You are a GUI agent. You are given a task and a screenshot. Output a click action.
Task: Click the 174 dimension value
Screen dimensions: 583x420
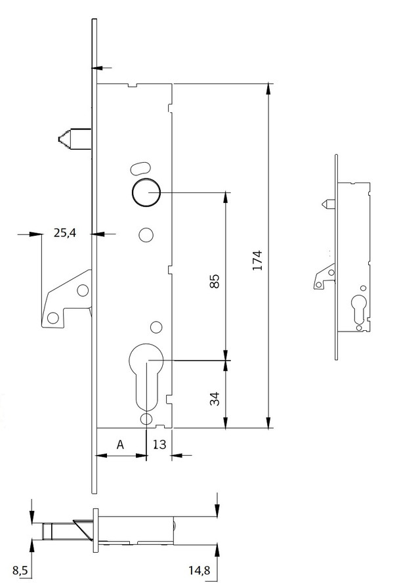[x=257, y=260]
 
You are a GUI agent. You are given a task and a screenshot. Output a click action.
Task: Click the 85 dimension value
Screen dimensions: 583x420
[x=214, y=280]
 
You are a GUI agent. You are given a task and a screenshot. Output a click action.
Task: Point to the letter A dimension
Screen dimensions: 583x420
[x=120, y=444]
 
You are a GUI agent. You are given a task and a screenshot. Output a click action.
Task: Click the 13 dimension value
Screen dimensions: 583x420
[x=159, y=444]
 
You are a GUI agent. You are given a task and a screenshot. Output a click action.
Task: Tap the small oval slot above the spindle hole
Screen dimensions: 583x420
[x=139, y=166]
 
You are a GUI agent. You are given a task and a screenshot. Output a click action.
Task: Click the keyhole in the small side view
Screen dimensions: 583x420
[x=359, y=309]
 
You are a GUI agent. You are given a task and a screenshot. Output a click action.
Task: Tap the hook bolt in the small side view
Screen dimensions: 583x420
[x=324, y=277]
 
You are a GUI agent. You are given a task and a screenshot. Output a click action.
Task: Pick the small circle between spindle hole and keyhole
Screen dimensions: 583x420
[x=156, y=327]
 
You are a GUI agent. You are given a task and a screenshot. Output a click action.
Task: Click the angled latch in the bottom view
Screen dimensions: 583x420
[x=83, y=527]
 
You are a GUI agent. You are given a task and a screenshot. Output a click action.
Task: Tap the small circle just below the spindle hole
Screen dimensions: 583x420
[x=146, y=234]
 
